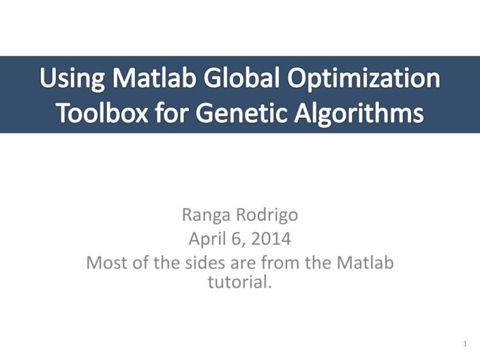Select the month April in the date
point(207,239)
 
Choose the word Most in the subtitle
point(105,263)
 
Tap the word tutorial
point(240,281)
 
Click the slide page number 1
point(465,344)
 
